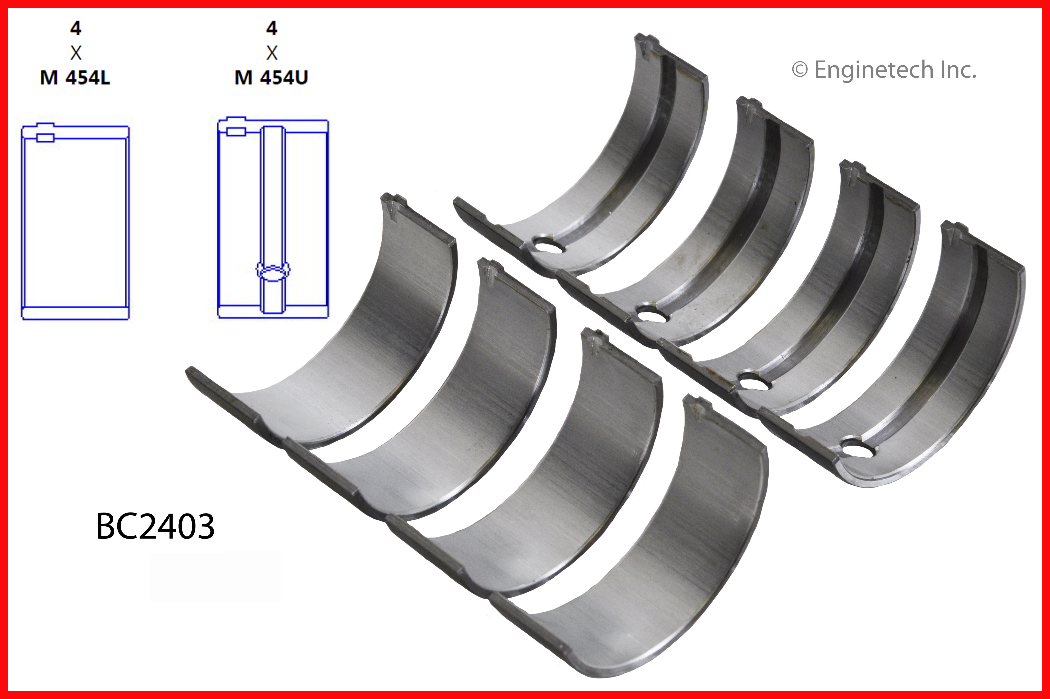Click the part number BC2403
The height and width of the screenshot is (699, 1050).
[x=155, y=527]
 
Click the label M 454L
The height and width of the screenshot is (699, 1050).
[x=75, y=78]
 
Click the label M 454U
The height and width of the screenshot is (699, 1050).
[x=271, y=78]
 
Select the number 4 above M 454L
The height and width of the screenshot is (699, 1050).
[x=76, y=29]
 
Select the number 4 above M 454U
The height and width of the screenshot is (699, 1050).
[x=271, y=29]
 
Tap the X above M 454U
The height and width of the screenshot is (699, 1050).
[x=271, y=53]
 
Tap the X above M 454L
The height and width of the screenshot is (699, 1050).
[x=76, y=53]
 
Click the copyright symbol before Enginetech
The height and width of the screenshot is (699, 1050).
[x=800, y=70]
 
